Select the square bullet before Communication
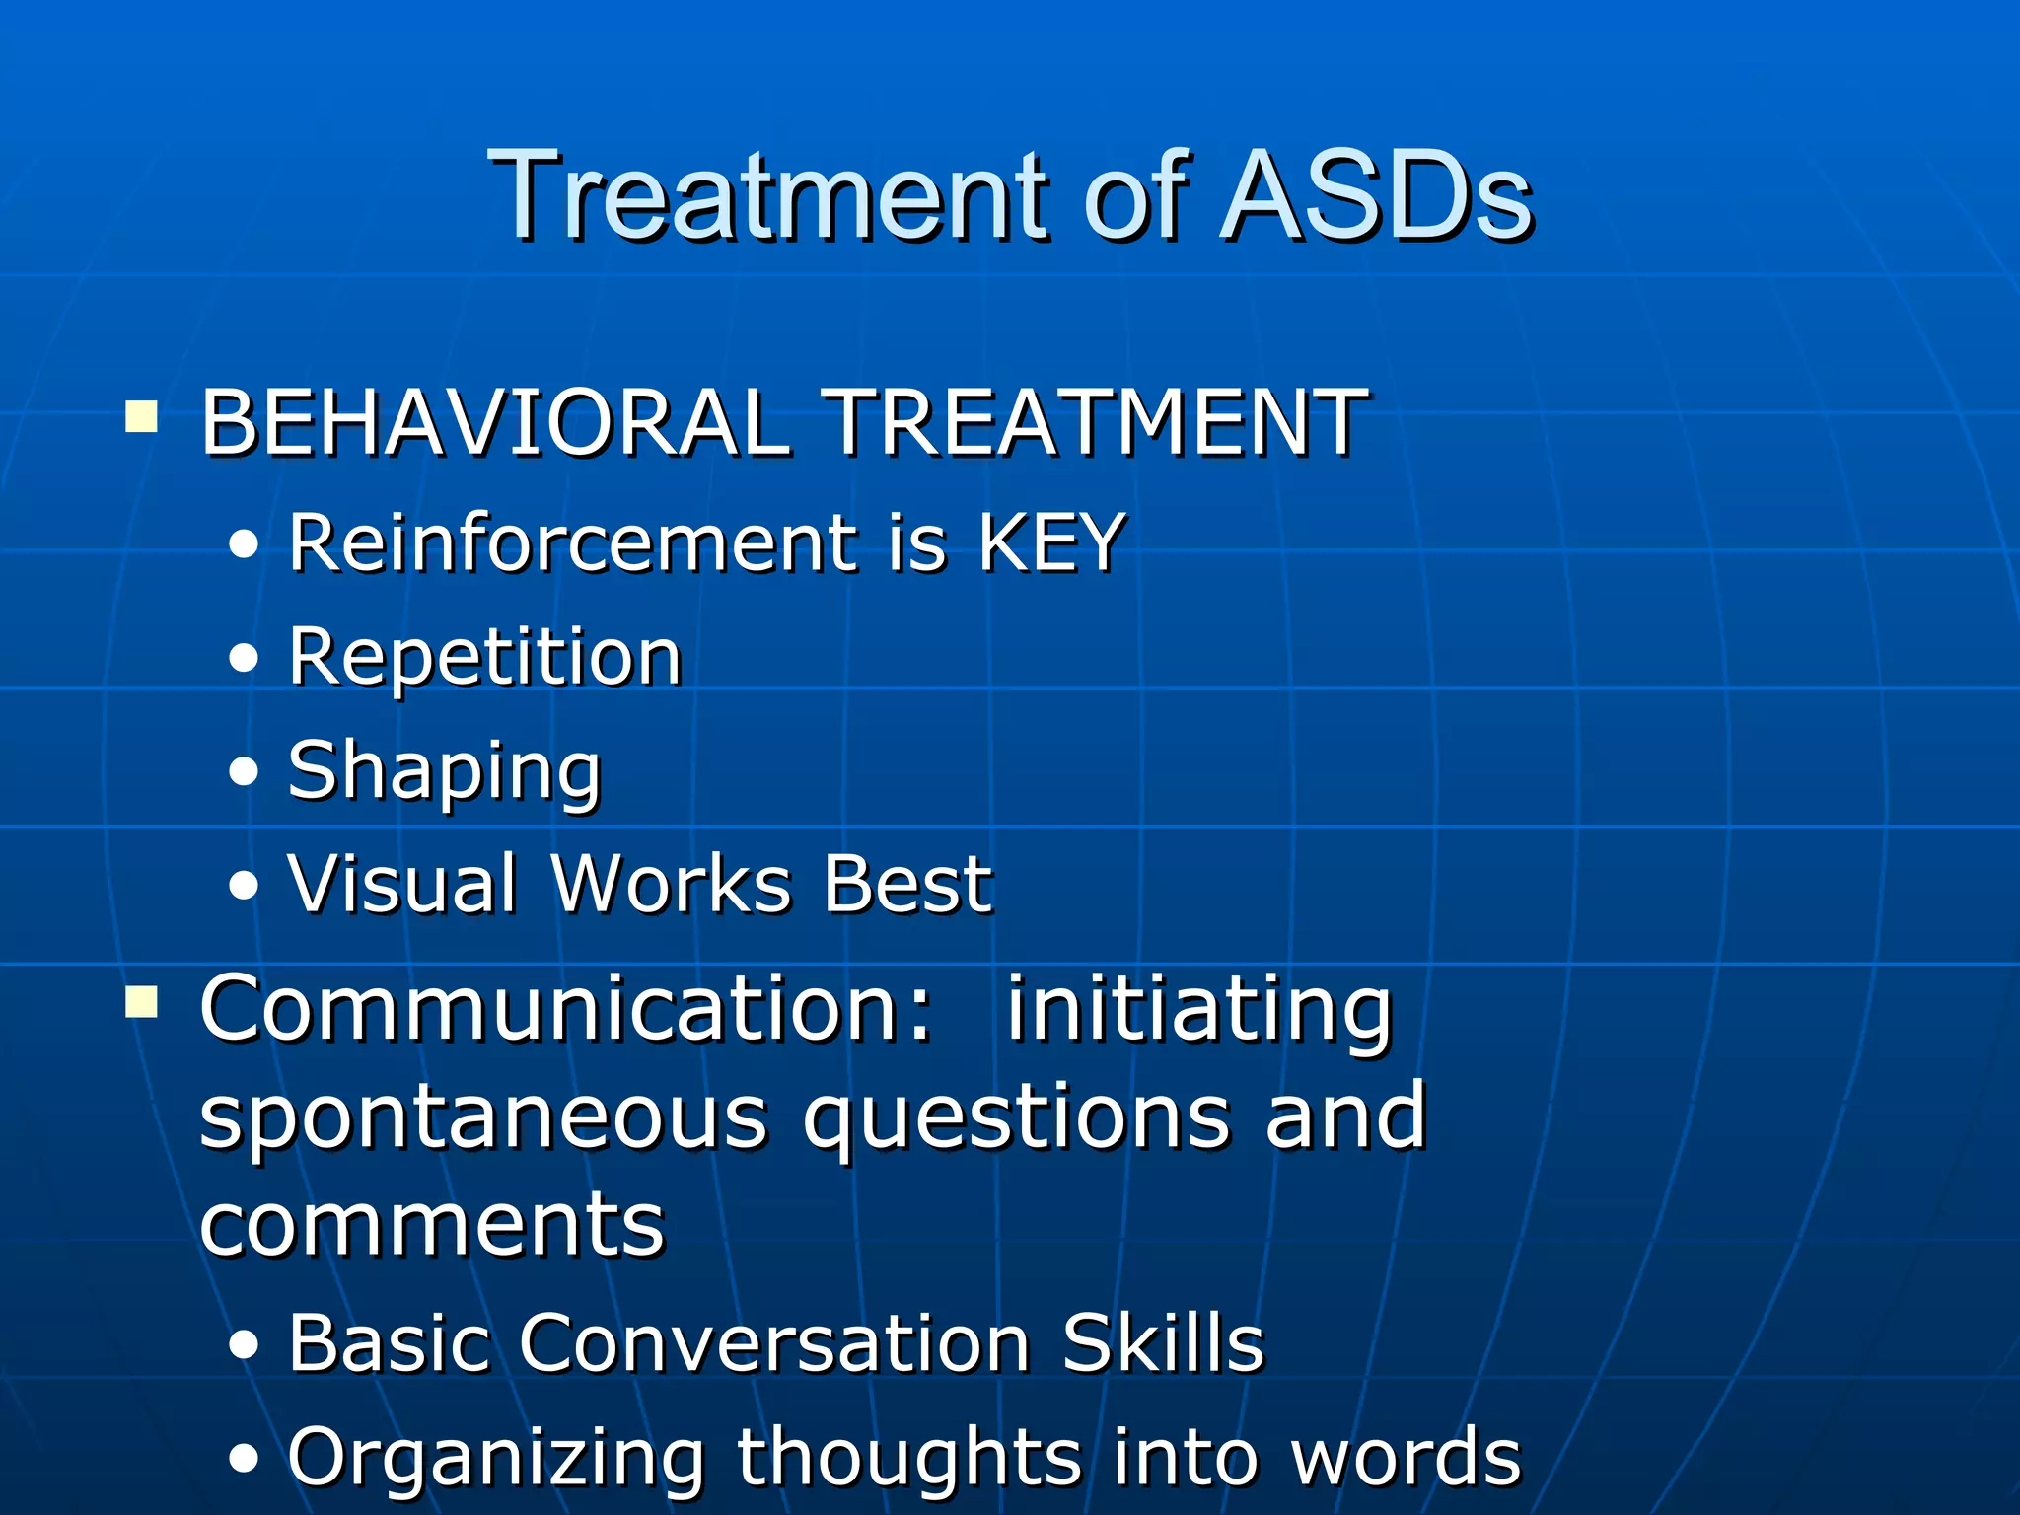coord(141,1003)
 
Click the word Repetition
coord(484,657)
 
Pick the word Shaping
coord(444,771)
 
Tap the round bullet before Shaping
coord(243,772)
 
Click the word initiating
coord(1198,1010)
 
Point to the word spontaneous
coord(483,1119)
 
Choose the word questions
coord(1016,1119)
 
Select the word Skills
coord(1163,1342)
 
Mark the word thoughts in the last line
coord(908,1456)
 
